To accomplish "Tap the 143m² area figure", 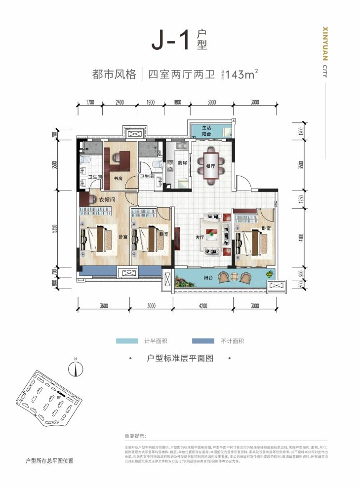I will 241,75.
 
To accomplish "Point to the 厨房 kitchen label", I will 182,162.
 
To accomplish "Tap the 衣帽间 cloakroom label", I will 107,200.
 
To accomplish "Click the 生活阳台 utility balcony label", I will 206,131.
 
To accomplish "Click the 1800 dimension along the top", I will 176,103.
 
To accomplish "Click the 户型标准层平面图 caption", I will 180,359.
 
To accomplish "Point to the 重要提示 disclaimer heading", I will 136,436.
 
